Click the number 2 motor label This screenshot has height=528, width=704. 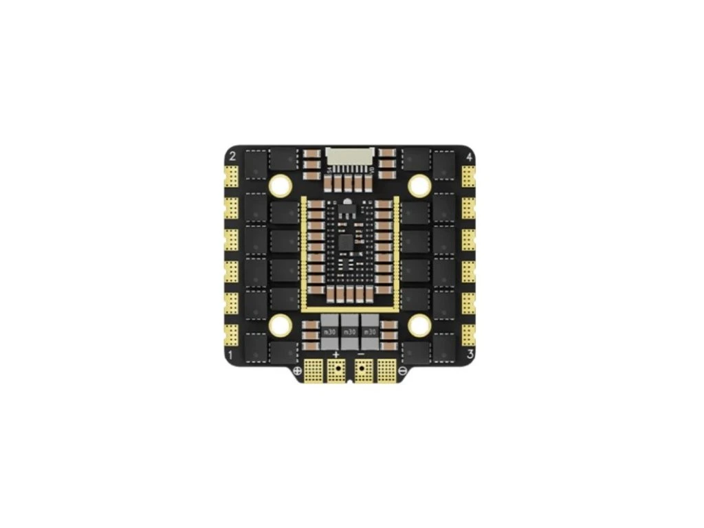(x=232, y=156)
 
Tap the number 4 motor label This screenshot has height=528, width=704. (x=469, y=157)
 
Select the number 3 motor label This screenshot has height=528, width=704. (x=470, y=354)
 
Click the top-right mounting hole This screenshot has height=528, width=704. (x=419, y=184)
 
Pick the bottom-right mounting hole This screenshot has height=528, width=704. (x=419, y=324)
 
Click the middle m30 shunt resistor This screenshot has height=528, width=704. (x=350, y=331)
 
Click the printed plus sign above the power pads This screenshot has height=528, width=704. (x=336, y=354)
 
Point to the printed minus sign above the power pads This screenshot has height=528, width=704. (x=362, y=354)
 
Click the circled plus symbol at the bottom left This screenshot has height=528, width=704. (x=298, y=371)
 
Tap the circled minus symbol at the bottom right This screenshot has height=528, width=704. (x=402, y=371)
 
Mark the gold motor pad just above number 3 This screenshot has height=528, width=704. (x=470, y=333)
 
